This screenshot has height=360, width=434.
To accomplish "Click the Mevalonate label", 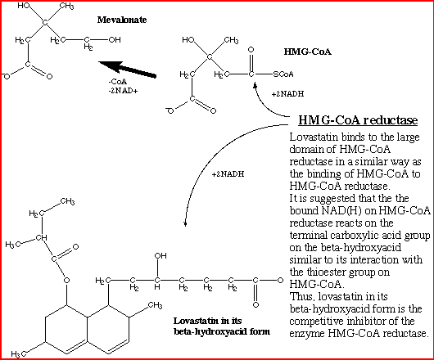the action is (x=122, y=20).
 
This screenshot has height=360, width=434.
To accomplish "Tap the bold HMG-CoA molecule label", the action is (x=308, y=52).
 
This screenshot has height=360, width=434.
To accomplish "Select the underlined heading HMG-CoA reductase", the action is (x=358, y=120).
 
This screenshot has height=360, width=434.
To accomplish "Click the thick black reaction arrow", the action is (x=127, y=69).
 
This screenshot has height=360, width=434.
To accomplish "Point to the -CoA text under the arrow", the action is (x=118, y=82).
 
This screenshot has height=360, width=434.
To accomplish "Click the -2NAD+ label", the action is (x=123, y=91).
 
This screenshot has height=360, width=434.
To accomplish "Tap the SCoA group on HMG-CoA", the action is (x=283, y=74).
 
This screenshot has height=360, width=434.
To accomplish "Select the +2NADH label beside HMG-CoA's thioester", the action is (x=287, y=94).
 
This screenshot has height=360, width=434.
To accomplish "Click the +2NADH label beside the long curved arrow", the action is (x=228, y=174).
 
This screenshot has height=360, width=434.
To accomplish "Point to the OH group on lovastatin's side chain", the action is (x=160, y=256).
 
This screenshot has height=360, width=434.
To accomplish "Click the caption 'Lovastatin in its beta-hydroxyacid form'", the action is (x=222, y=326).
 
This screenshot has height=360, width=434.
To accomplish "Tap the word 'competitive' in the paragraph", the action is (x=315, y=321).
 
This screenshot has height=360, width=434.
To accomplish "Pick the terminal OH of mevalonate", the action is (x=115, y=40).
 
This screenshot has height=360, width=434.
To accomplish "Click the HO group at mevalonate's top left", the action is (x=24, y=6).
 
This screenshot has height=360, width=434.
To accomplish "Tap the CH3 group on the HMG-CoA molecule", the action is (x=231, y=40).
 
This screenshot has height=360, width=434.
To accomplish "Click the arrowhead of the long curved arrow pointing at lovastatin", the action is (x=185, y=223).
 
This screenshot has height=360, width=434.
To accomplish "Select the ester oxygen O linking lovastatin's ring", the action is (x=66, y=281).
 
